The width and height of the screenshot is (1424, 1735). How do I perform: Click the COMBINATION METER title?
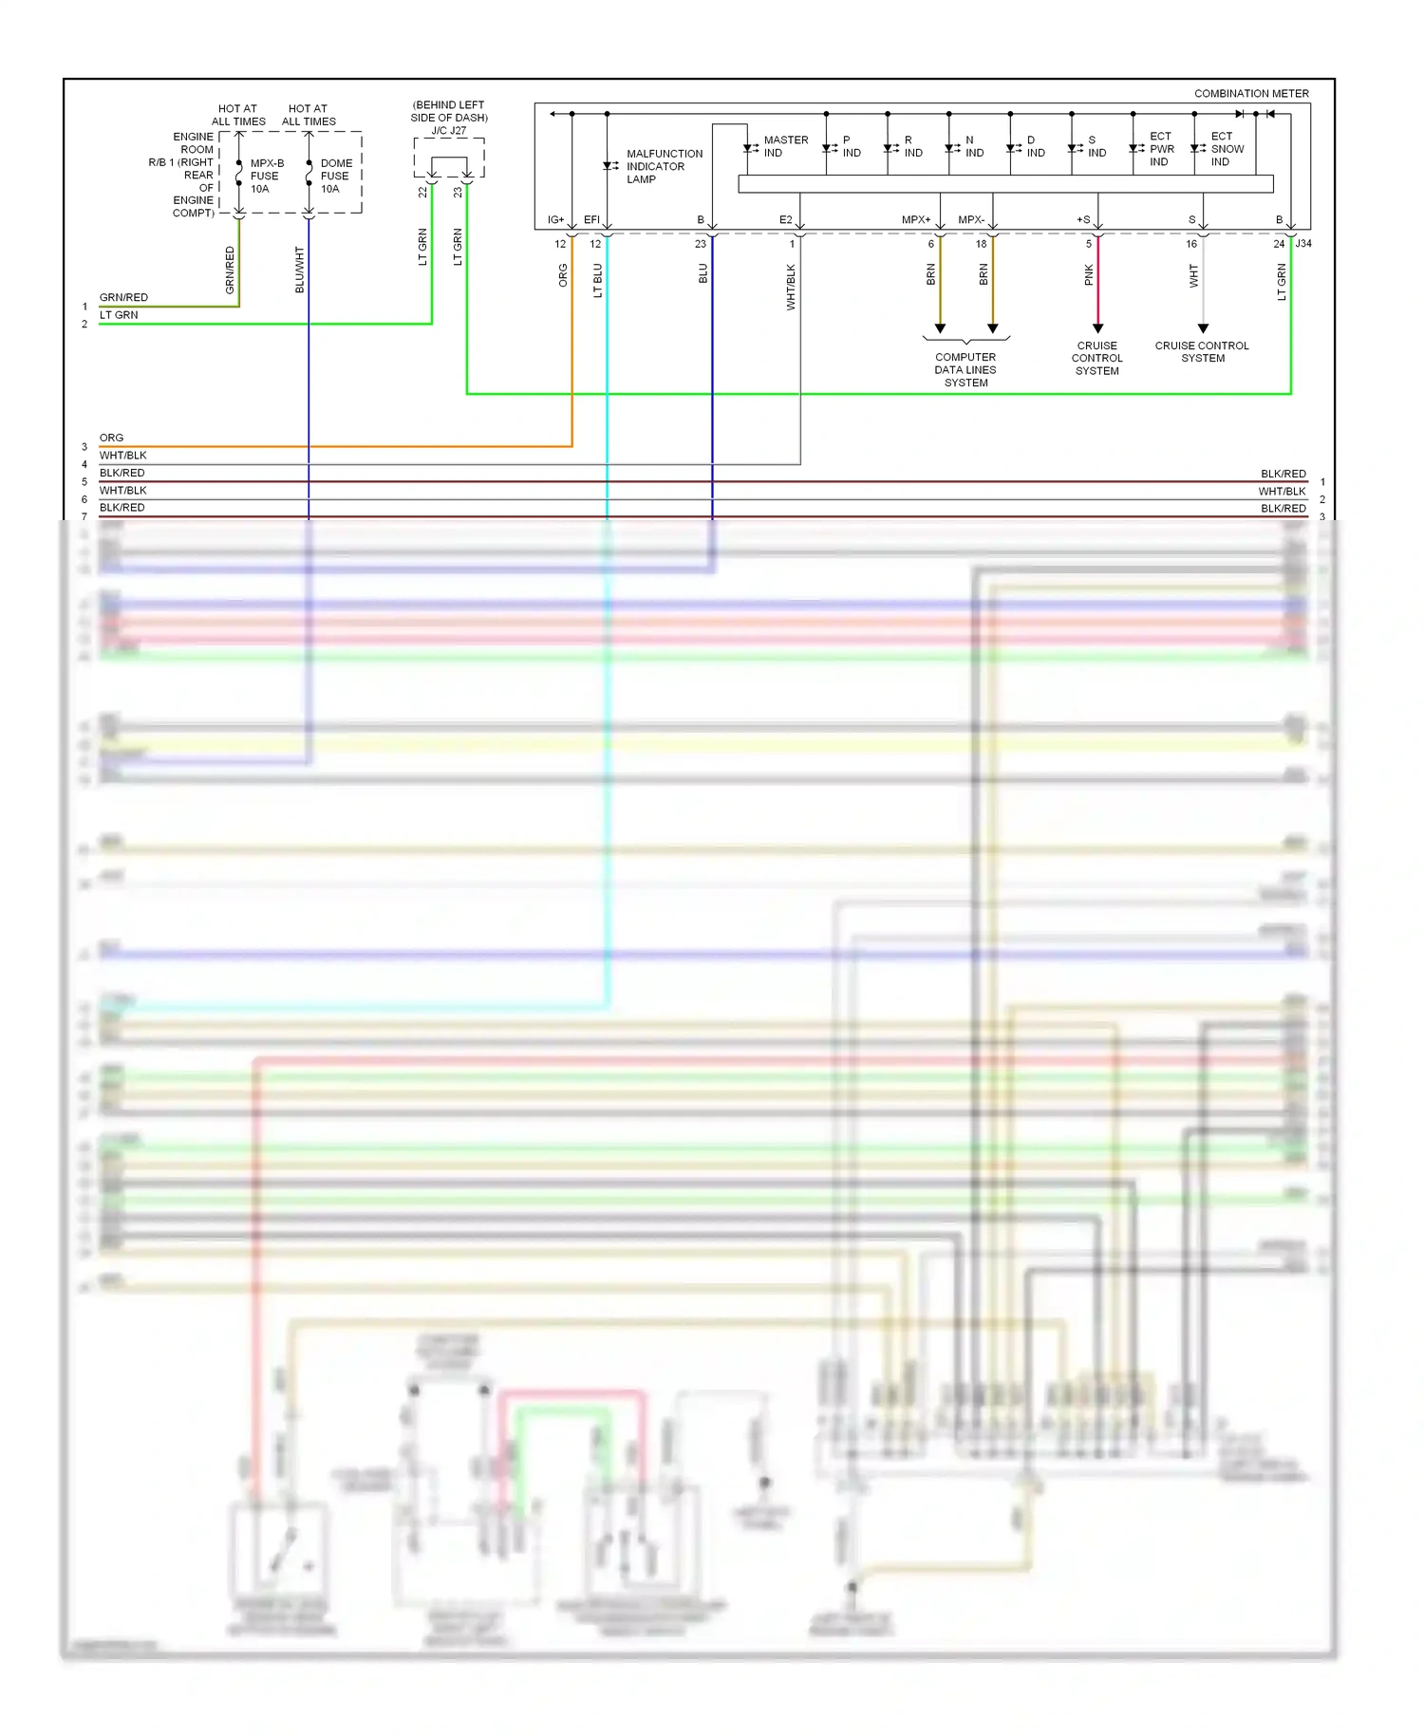(x=1250, y=93)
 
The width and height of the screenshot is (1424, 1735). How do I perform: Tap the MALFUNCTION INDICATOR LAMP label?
(x=664, y=166)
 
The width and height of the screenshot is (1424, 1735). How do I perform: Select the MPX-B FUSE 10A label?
(x=266, y=176)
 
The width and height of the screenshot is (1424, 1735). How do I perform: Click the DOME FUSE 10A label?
(x=335, y=176)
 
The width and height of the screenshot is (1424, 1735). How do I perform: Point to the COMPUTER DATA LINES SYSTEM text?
(x=965, y=370)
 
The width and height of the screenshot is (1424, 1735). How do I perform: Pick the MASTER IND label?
(x=785, y=146)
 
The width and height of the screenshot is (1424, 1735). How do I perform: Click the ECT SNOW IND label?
(x=1227, y=149)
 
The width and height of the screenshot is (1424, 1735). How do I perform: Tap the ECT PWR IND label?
(x=1161, y=149)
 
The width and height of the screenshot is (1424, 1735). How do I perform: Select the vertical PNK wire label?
(x=1088, y=275)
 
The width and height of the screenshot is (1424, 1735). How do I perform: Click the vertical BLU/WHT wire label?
(x=299, y=270)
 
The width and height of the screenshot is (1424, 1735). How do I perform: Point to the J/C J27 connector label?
(x=449, y=130)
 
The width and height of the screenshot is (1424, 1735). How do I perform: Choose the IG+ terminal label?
(x=555, y=220)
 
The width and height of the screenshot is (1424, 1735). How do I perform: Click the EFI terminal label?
(x=591, y=220)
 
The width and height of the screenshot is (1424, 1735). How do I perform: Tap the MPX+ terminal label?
(x=915, y=220)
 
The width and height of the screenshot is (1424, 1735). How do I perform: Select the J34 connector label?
(x=1303, y=244)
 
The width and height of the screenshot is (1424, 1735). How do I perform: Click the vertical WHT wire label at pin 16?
(x=1193, y=276)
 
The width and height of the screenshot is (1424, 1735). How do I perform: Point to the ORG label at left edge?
(x=111, y=438)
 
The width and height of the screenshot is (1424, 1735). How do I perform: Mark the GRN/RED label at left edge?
(x=123, y=297)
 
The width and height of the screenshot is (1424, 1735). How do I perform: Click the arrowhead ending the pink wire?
(x=1097, y=328)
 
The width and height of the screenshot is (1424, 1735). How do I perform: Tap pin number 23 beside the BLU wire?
(x=701, y=244)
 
